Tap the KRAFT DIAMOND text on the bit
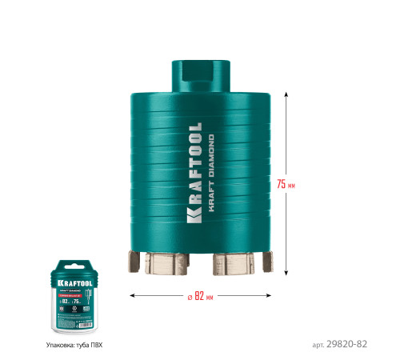pyautogui.click(x=211, y=171)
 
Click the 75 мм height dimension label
pyautogui.click(x=286, y=184)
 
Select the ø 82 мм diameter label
pyautogui.click(x=202, y=296)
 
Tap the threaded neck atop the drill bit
pyautogui.click(x=200, y=74)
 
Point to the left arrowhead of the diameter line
pyautogui.click(x=132, y=296)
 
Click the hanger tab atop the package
pyautogui.click(x=74, y=254)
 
